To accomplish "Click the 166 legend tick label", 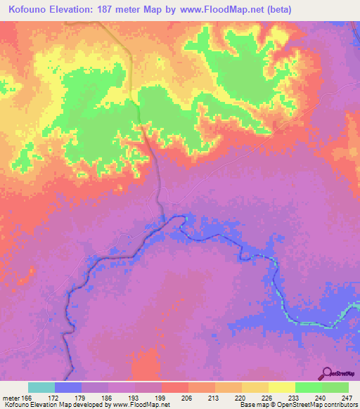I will pos(27,398).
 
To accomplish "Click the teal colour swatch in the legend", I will pos(41,387).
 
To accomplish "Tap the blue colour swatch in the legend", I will pos(68,387).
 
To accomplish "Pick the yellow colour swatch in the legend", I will pos(281,387).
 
